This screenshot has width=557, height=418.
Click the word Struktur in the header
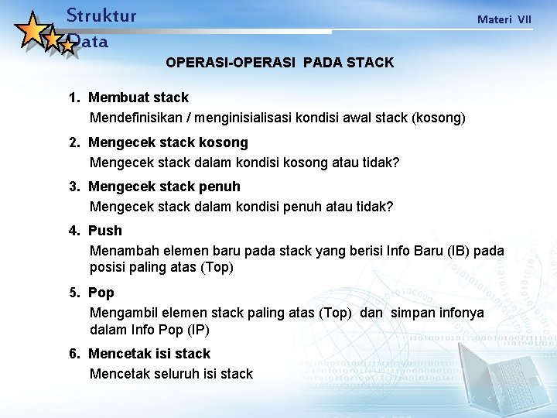[x=101, y=15]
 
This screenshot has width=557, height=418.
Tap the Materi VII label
[x=504, y=19]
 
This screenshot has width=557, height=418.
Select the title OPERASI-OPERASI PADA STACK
[x=279, y=62]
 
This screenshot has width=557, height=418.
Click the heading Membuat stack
[x=138, y=98]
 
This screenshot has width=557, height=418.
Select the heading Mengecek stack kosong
[x=168, y=142]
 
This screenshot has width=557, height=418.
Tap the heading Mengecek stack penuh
[x=164, y=187]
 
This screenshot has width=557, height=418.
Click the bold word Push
[x=105, y=231]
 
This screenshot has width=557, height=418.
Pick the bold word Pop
[x=101, y=293]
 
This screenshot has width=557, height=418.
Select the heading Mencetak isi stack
[x=149, y=354]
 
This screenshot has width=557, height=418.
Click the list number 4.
[x=73, y=231]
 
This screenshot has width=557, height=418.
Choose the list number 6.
[x=73, y=354]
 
